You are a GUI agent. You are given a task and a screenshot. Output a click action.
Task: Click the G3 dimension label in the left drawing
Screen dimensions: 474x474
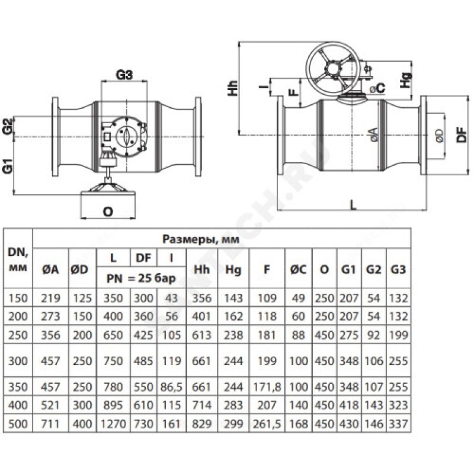[124, 75]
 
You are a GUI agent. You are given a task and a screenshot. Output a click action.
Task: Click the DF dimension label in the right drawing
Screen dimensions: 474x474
[464, 135]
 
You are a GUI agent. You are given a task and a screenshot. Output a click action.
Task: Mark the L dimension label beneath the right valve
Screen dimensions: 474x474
[353, 204]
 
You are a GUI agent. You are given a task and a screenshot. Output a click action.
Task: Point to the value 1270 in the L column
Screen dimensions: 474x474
[117, 424]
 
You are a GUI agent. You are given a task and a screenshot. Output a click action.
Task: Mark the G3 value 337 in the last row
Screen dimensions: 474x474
[398, 424]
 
